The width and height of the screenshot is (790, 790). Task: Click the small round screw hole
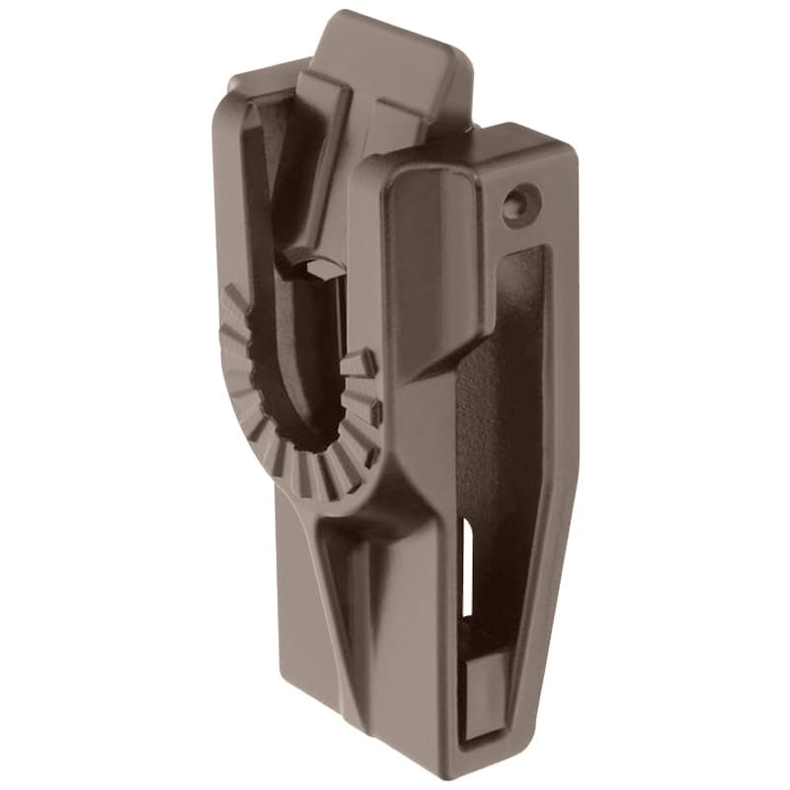(x=516, y=205)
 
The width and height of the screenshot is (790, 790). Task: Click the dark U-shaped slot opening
(x=296, y=375)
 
